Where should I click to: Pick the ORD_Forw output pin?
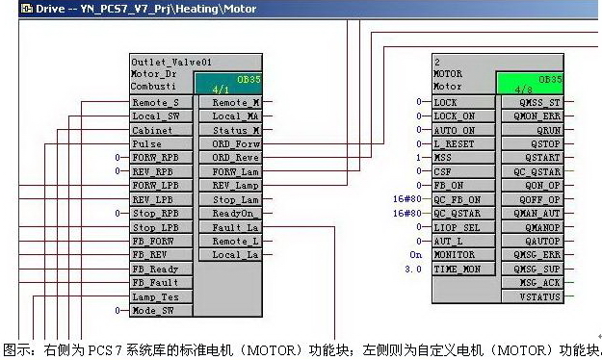234,143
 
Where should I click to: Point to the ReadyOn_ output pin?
234,213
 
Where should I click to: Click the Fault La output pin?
234,227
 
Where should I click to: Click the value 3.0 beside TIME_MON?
415,269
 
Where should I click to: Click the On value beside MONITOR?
416,255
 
